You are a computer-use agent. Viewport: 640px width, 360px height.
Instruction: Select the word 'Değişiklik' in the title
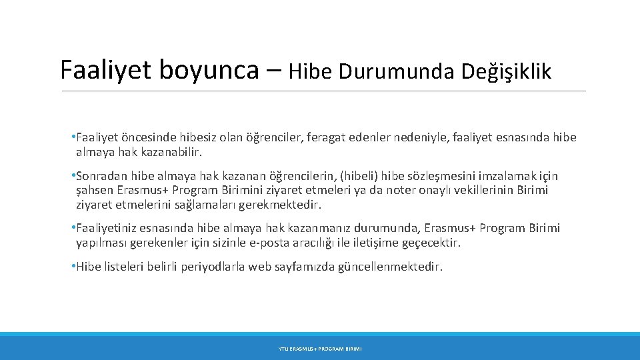[x=507, y=71]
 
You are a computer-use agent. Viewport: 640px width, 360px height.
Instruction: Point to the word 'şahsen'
[x=95, y=191]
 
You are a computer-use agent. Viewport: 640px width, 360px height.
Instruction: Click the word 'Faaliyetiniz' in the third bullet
[x=108, y=229]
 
